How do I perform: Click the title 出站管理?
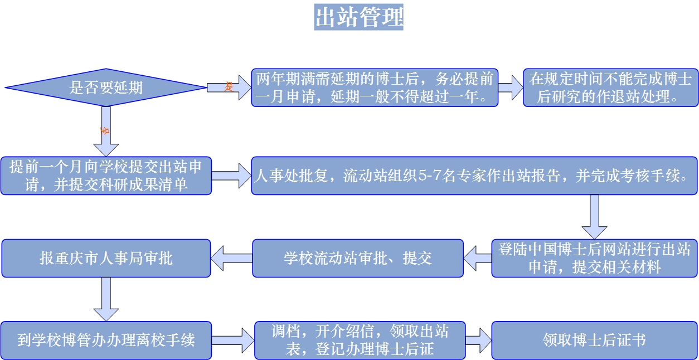pos(358,17)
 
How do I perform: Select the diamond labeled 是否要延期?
pos(106,87)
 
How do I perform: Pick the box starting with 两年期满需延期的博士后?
pos(375,87)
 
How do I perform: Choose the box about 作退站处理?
pos(610,87)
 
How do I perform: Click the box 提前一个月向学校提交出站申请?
pos(106,176)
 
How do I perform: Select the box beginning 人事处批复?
pos(474,176)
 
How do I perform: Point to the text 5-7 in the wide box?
pos(429,176)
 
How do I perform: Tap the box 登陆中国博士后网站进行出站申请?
pos(594,258)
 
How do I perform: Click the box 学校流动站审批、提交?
pos(358,258)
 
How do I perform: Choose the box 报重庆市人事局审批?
pos(106,258)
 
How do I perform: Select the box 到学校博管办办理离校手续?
pos(106,340)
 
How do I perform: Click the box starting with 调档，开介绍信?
pos(360,340)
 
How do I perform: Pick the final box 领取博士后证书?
pos(594,340)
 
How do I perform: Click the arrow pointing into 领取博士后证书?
pos(478,340)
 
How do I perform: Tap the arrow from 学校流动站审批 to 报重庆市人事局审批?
pos(231,258)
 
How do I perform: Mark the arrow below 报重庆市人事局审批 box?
pos(105,299)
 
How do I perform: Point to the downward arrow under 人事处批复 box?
pos(594,216)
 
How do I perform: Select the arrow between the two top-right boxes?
pos(511,87)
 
